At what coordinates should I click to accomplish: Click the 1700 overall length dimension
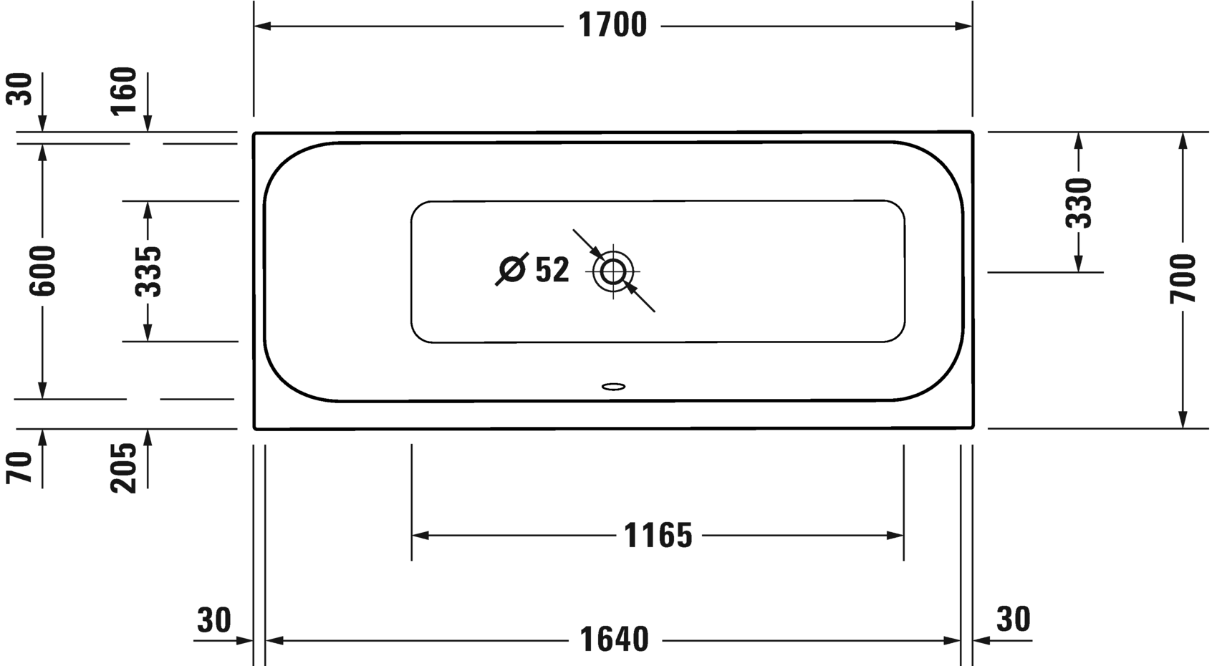pyautogui.click(x=612, y=25)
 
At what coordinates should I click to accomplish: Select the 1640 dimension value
pyautogui.click(x=614, y=640)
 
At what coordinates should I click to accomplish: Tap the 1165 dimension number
pyautogui.click(x=658, y=536)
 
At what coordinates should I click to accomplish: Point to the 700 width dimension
pyautogui.click(x=1182, y=279)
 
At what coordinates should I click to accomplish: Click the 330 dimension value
pyautogui.click(x=1079, y=203)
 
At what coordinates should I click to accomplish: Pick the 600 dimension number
pyautogui.click(x=42, y=271)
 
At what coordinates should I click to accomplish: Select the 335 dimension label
pyautogui.click(x=148, y=271)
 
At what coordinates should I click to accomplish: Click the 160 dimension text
pyautogui.click(x=123, y=91)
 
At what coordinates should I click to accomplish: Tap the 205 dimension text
pyautogui.click(x=123, y=468)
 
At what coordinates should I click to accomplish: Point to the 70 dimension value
pyautogui.click(x=19, y=468)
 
